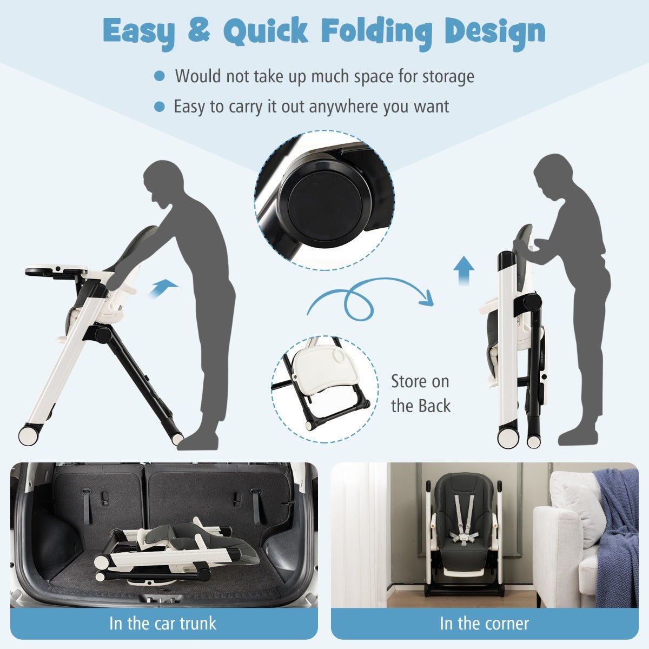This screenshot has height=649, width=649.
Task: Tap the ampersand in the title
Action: (198, 30)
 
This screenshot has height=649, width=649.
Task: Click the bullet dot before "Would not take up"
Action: (159, 76)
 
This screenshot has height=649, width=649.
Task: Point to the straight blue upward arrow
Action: (463, 270)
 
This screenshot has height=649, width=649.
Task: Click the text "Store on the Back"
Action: (420, 393)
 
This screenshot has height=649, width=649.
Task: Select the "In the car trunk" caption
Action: (163, 622)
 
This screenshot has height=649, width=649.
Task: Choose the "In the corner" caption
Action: (484, 623)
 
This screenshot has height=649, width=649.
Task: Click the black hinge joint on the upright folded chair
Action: (531, 302)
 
